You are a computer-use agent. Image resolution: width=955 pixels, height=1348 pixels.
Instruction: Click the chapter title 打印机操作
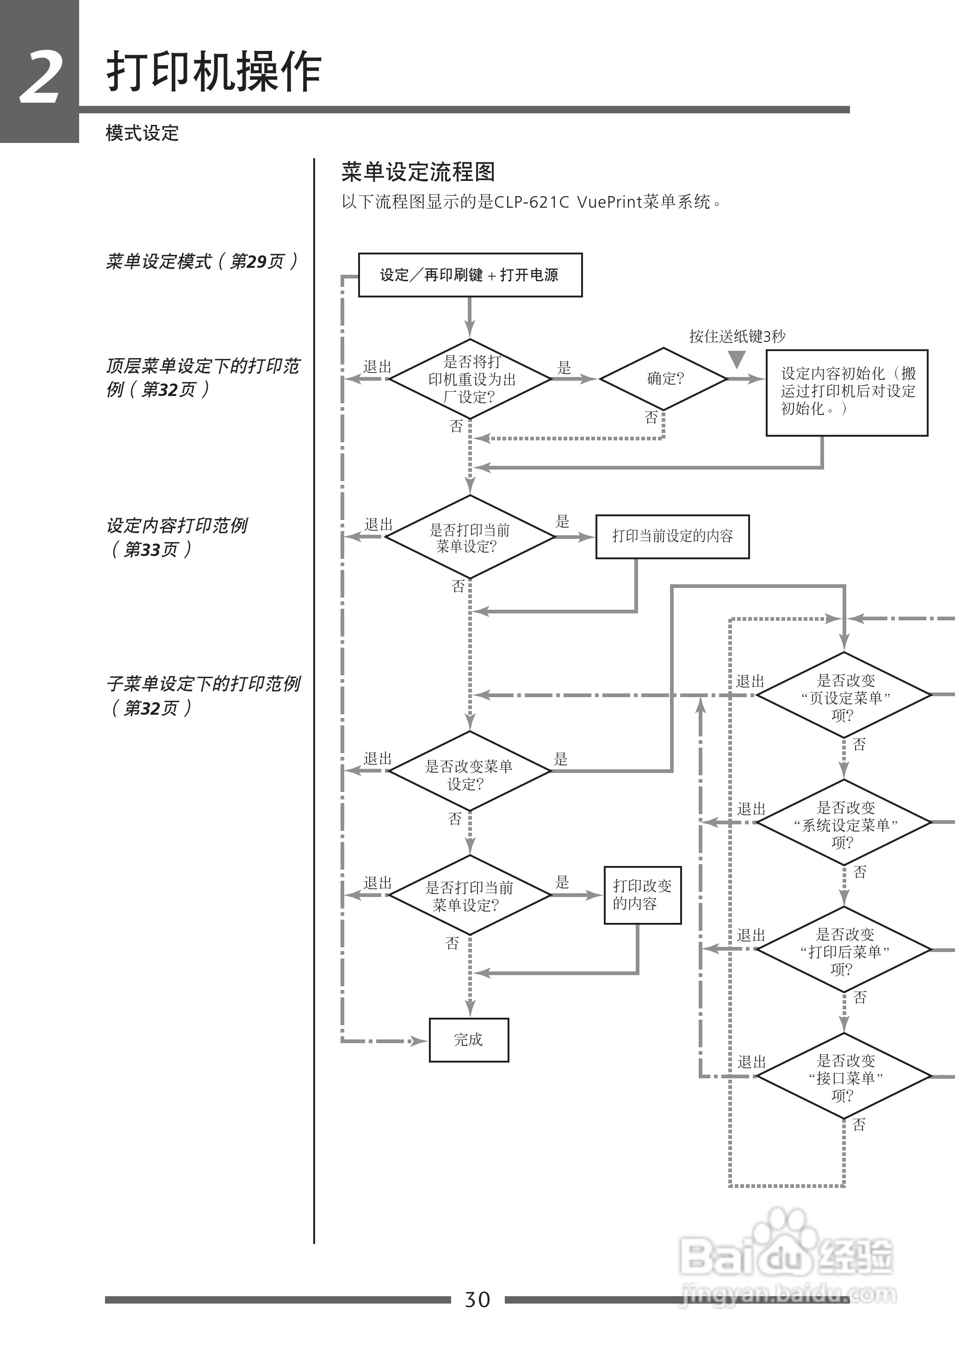click(213, 72)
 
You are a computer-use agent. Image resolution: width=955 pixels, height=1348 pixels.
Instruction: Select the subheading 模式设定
click(142, 133)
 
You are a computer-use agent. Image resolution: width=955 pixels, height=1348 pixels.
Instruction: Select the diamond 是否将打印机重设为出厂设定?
click(470, 379)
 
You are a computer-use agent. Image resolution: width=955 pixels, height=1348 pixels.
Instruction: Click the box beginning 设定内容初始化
click(846, 392)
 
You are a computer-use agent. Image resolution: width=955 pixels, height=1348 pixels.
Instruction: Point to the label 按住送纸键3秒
click(737, 336)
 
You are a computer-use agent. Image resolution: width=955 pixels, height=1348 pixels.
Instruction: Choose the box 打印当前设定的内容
click(672, 536)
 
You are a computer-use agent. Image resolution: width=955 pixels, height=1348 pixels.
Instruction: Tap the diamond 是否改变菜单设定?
click(469, 771)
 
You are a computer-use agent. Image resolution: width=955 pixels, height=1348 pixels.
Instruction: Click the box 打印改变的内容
click(642, 895)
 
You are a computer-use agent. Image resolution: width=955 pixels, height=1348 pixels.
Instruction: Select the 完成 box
click(469, 1040)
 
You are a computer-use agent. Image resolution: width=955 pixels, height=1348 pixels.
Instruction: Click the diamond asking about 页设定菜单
click(844, 695)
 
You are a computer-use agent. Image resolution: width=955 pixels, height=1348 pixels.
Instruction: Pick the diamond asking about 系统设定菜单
click(844, 822)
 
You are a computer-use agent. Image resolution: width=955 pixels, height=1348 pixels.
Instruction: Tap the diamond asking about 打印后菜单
click(844, 949)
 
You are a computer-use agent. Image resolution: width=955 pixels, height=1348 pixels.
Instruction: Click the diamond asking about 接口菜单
click(844, 1076)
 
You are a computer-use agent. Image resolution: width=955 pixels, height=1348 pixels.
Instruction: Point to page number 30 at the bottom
click(477, 1299)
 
